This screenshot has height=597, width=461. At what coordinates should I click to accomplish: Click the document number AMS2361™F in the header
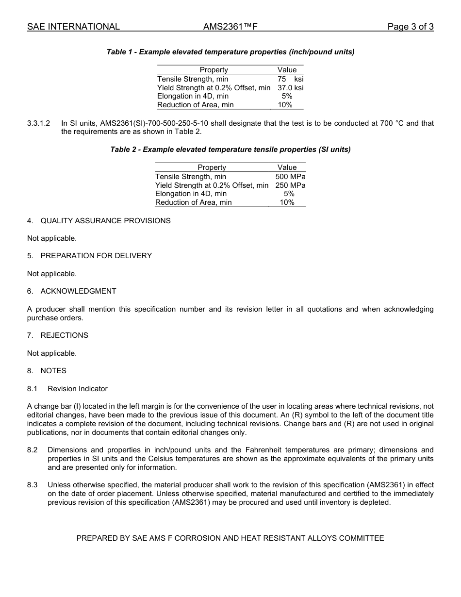coord(230,27)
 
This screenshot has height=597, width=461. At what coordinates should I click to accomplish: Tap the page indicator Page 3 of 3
coord(410,27)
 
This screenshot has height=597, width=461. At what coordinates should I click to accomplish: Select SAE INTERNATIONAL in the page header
coord(73,27)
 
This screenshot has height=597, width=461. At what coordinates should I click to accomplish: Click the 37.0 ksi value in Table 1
coord(290,88)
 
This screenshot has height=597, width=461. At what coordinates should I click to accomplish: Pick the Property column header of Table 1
coord(214,70)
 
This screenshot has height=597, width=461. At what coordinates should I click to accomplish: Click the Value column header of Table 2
coord(287,167)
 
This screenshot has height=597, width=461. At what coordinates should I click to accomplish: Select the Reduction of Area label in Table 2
coord(193,202)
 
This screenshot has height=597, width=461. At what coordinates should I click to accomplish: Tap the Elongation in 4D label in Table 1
coord(193,96)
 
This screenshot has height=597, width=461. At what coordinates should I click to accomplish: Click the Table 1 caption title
coord(230,52)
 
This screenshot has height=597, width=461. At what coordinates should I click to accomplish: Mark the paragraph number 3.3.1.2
coord(39,123)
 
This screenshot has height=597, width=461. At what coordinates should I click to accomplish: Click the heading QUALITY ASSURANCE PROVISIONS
coord(105,221)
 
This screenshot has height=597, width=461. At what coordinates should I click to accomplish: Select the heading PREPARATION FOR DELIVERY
coord(96,256)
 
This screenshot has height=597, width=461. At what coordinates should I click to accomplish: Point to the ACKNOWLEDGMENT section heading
coord(78,291)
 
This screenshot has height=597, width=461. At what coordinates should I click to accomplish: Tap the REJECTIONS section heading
coord(64,335)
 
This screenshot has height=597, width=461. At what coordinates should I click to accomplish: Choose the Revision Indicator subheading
coord(78,389)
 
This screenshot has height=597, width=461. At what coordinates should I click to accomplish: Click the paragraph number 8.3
coord(33,485)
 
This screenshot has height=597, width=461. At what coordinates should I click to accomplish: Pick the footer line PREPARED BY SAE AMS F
coord(230,538)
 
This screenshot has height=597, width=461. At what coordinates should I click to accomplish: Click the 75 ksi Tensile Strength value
coord(290,79)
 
